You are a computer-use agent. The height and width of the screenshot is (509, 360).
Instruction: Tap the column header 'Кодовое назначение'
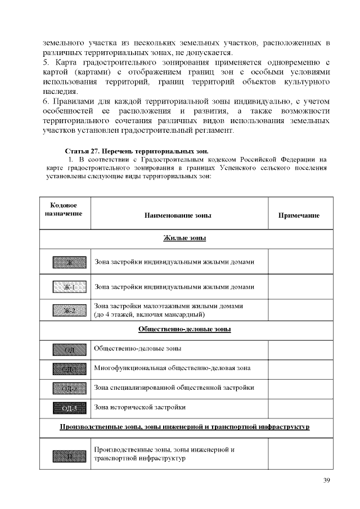pyautogui.click(x=63, y=210)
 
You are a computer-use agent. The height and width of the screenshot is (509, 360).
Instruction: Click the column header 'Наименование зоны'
pyautogui.click(x=178, y=215)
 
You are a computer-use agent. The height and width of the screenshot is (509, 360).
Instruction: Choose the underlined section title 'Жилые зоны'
pyautogui.click(x=184, y=238)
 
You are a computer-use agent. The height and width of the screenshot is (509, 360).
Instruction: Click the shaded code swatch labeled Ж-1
pyautogui.click(x=69, y=287)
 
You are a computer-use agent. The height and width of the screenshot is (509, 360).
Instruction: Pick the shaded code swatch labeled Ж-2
pyautogui.click(x=69, y=310)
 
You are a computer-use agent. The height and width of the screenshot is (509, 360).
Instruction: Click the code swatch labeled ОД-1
pyautogui.click(x=69, y=368)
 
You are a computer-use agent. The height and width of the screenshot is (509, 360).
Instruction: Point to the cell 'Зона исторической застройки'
pyautogui.click(x=140, y=406)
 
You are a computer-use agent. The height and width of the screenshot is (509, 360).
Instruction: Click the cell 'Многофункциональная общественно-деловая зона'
pyautogui.click(x=172, y=368)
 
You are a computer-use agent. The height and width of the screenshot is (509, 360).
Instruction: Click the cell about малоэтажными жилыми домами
pyautogui.click(x=169, y=310)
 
